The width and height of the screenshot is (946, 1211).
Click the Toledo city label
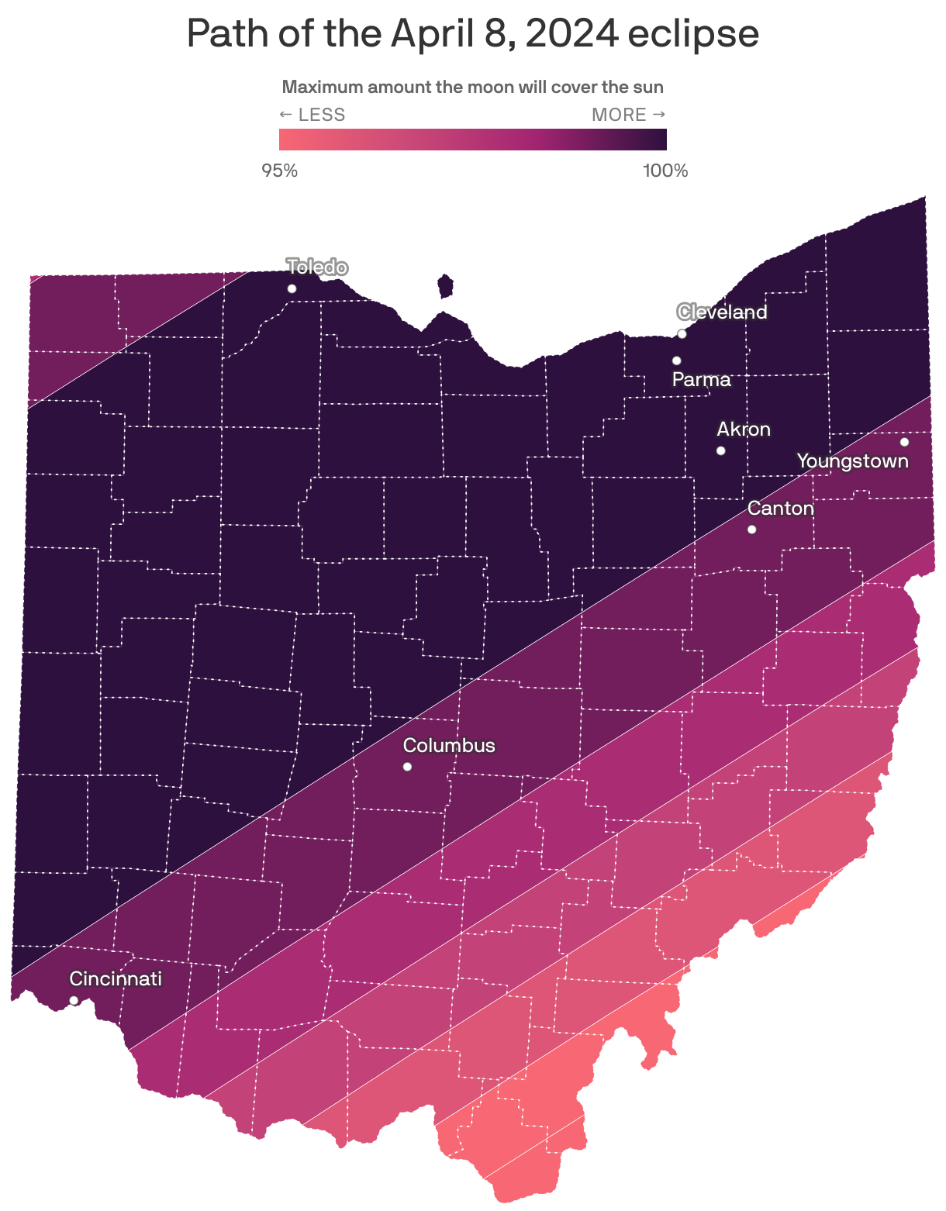pyautogui.click(x=317, y=267)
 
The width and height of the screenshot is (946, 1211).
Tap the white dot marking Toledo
pyautogui.click(x=292, y=288)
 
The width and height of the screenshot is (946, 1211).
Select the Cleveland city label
pyautogui.click(x=722, y=312)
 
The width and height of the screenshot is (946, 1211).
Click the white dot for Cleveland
pyautogui.click(x=682, y=334)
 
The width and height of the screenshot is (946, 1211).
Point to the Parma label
pyautogui.click(x=701, y=379)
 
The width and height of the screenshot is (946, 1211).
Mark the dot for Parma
pyautogui.click(x=676, y=361)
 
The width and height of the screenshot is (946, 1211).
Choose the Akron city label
pyautogui.click(x=744, y=430)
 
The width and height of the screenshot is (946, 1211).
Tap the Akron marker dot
pyautogui.click(x=720, y=450)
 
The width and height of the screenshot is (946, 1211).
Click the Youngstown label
pyautogui.click(x=852, y=461)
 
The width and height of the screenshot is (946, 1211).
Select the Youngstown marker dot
pyautogui.click(x=904, y=442)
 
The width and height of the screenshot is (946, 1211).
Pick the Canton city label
pyautogui.click(x=780, y=509)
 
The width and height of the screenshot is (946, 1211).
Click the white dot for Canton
pyautogui.click(x=751, y=530)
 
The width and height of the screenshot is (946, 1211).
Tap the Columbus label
pyautogui.click(x=449, y=746)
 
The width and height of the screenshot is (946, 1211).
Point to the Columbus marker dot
pyautogui.click(x=407, y=767)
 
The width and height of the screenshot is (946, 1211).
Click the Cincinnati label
pyautogui.click(x=116, y=979)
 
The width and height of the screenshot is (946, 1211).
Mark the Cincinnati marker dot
pyautogui.click(x=74, y=1000)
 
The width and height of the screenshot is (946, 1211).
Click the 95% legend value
pyautogui.click(x=280, y=171)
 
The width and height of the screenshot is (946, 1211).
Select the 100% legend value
pyautogui.click(x=665, y=171)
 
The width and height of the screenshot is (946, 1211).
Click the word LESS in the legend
pyautogui.click(x=321, y=115)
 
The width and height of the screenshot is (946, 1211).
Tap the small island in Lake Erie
pyautogui.click(x=445, y=286)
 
